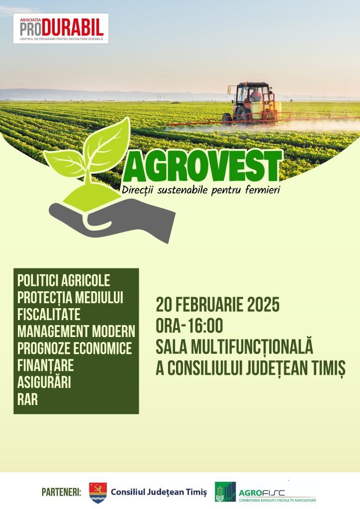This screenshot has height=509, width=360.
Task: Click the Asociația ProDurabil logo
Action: [61, 28]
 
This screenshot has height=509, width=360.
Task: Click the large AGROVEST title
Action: [202, 166]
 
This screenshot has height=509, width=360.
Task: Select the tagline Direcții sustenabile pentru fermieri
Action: [201, 190]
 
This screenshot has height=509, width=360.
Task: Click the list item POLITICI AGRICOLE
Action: [64, 281]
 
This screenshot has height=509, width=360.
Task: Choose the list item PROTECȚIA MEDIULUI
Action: [70, 298]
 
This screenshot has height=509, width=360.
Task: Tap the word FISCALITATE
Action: [49, 315]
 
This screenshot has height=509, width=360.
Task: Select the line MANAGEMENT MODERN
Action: [76, 332]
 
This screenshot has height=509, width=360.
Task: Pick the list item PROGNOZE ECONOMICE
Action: [75, 348]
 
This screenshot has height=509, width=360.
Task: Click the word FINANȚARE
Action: [45, 365]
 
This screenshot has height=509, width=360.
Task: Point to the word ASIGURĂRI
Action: [44, 382]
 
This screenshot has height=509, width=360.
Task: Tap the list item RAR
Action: [27, 399]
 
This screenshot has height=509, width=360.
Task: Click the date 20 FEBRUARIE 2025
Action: [217, 305]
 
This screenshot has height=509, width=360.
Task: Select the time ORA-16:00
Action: [189, 326]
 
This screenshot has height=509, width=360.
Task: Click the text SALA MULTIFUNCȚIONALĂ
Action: [234, 346]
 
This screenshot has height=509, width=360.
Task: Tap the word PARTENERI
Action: [61, 492]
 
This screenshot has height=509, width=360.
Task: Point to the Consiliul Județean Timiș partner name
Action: [159, 492]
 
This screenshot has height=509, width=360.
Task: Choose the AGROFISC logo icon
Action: [225, 492]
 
